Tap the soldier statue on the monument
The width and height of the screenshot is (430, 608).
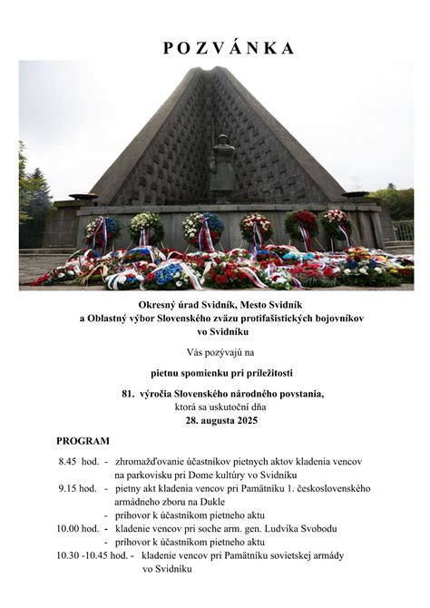click(221, 168)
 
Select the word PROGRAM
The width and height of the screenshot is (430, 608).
click(83, 440)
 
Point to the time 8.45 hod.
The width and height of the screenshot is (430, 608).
click(79, 461)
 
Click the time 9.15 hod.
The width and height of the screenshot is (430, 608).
click(79, 488)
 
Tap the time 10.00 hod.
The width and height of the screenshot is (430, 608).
click(78, 528)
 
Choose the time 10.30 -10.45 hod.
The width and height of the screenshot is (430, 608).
click(92, 555)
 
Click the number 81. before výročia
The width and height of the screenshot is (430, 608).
click(128, 395)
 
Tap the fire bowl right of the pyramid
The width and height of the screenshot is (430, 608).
click(356, 195)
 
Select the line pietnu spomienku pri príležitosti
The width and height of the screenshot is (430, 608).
click(221, 372)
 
